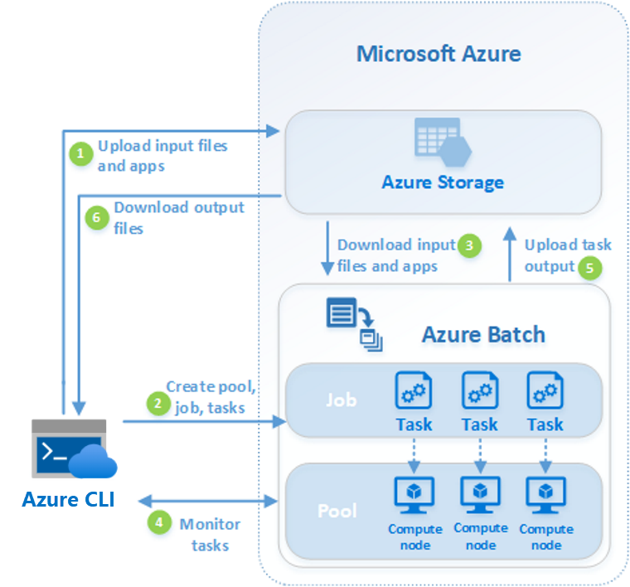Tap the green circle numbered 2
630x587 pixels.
click(155, 403)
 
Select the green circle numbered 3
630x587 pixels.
click(470, 245)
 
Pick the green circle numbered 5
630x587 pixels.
click(589, 267)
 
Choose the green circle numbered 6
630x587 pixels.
click(96, 217)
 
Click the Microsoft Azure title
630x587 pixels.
click(439, 55)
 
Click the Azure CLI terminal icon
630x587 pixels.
click(74, 449)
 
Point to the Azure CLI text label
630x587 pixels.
click(69, 499)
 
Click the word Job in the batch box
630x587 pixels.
click(341, 400)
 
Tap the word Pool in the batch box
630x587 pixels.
click(338, 510)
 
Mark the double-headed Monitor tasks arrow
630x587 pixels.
click(208, 501)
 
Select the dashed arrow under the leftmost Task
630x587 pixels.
click(414, 449)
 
